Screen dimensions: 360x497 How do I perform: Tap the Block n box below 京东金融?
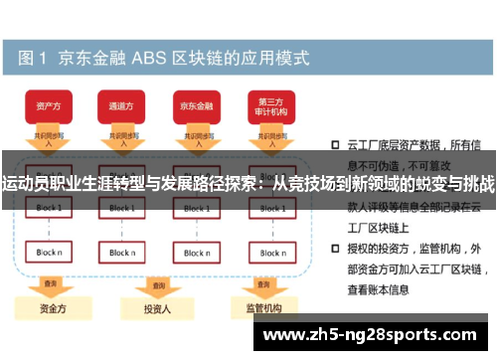pos(195,253)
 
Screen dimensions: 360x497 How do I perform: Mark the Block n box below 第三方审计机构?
pos(270,253)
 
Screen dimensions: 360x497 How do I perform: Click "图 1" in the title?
pos(31,57)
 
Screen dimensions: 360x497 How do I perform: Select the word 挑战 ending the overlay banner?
pos(474,184)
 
